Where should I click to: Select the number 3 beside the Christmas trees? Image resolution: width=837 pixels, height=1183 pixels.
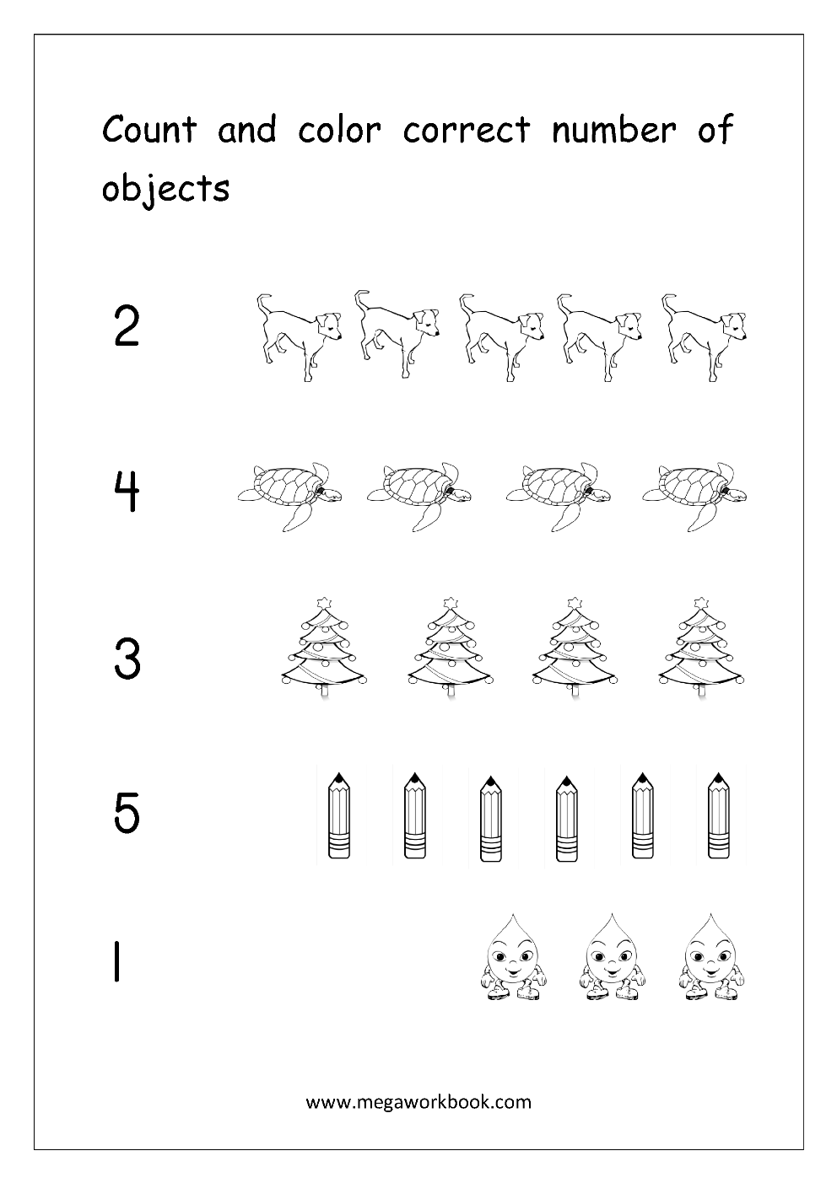(x=127, y=659)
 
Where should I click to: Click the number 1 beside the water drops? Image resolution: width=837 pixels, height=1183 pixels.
(x=115, y=963)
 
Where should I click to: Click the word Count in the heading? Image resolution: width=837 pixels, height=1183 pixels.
(x=148, y=130)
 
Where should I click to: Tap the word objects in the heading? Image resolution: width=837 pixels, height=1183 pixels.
(x=165, y=189)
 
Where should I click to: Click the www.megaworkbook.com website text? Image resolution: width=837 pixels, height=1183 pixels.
(x=418, y=1101)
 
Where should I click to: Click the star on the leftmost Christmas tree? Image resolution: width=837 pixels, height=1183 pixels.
(x=325, y=604)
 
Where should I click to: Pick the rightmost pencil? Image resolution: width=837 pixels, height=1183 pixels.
(x=718, y=815)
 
